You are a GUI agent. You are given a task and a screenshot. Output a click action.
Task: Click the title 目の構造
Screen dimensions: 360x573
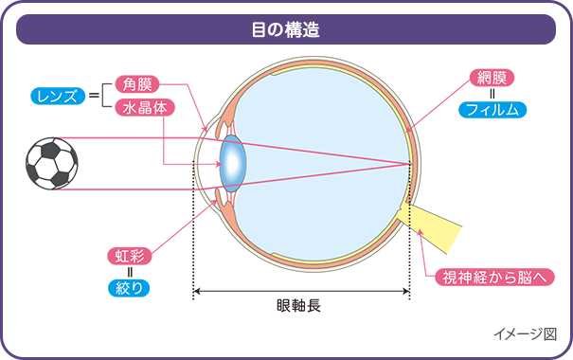[285, 29]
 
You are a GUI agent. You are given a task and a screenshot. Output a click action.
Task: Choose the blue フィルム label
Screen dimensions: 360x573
[493, 110]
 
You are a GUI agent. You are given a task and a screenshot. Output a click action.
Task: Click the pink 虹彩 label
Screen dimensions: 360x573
[129, 255]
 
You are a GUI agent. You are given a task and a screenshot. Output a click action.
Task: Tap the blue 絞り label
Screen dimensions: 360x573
[129, 285]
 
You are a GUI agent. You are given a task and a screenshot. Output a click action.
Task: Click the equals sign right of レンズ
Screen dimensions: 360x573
[94, 96]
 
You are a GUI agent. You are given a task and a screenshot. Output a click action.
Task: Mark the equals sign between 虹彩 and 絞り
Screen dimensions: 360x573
[129, 270]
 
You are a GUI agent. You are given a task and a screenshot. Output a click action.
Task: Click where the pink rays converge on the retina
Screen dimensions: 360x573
[409, 163]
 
